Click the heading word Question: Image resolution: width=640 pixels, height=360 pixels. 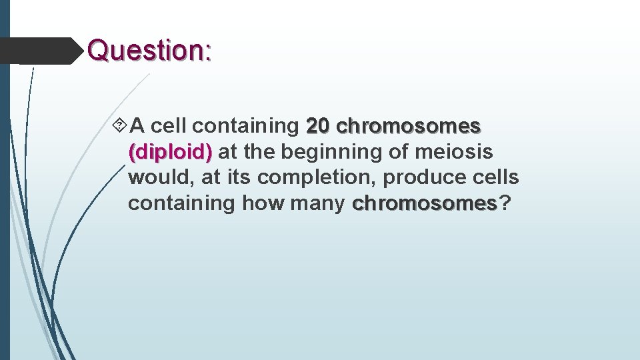click(x=149, y=50)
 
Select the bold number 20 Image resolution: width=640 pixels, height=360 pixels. click(x=318, y=125)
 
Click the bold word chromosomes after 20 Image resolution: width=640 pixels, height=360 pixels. click(x=409, y=125)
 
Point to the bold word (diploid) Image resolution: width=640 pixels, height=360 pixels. click(x=170, y=152)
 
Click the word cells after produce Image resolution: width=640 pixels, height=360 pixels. click(x=493, y=178)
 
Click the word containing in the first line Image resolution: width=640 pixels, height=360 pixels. click(x=249, y=125)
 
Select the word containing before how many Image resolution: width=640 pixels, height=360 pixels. click(x=181, y=203)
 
